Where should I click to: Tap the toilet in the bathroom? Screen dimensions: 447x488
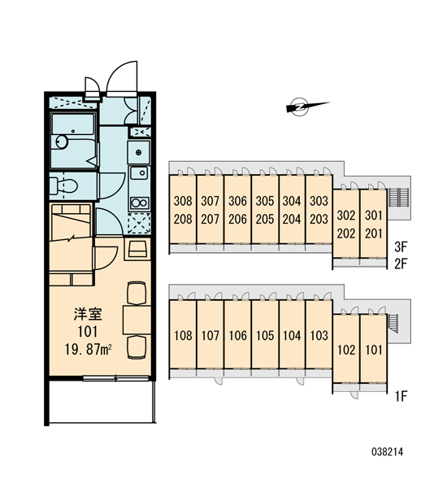coord(63,185)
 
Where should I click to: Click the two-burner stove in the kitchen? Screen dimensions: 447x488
coord(139,203)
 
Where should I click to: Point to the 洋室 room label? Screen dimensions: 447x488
coord(88,314)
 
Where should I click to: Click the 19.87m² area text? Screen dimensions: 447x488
coord(88,350)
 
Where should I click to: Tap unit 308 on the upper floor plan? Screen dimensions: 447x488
coord(183,201)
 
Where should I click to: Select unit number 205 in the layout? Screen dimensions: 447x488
coord(265,220)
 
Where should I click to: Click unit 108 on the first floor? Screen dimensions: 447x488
coord(183,335)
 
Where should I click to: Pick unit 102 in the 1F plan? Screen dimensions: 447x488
coord(346,350)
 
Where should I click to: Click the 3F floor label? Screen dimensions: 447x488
coord(401,247)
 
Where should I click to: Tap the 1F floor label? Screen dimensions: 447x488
coord(401,397)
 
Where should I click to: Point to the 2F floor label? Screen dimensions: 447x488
coord(401,264)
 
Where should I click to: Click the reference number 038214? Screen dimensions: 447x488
coord(388,451)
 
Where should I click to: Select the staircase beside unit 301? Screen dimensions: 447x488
coord(398,198)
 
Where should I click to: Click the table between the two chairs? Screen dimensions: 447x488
coord(137,320)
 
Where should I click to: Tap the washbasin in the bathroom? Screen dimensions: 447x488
coord(62,142)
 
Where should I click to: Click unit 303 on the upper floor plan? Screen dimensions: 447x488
coord(319,201)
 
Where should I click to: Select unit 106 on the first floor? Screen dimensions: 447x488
coord(237,335)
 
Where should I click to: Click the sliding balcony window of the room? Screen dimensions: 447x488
coord(115,378)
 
